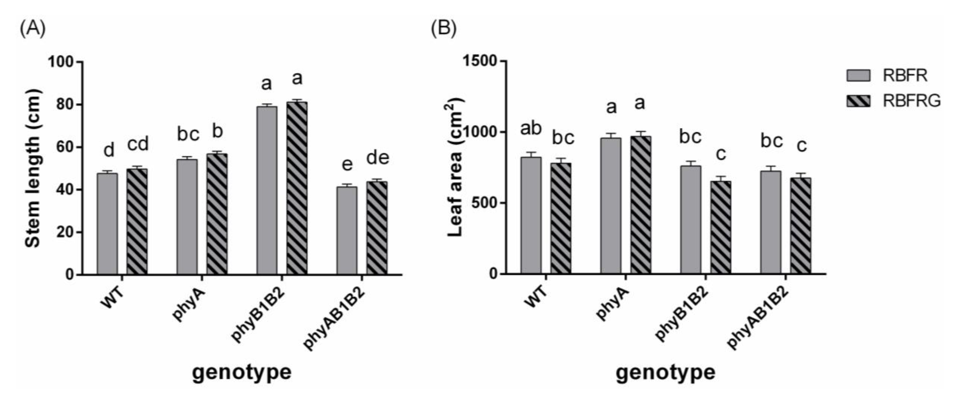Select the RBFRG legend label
pos(911,101)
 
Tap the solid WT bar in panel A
pos(107,224)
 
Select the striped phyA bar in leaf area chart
pos(641,205)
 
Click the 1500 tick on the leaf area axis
pos(481,61)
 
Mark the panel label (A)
pos(33,29)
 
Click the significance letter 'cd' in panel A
pos(138,144)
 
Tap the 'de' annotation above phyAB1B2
pos(378,158)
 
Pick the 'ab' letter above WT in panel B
pos(531,128)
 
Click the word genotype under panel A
pos(242,372)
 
